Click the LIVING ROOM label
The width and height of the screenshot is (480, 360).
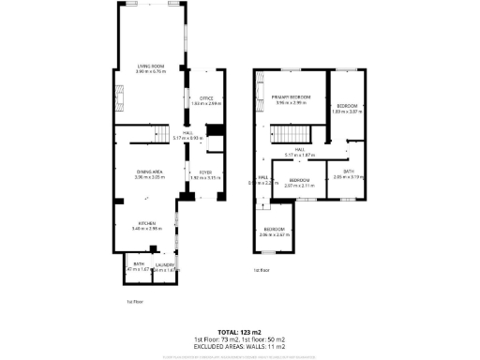coord(150,66)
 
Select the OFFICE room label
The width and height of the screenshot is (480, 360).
coord(207,97)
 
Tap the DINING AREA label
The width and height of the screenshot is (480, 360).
coord(150,171)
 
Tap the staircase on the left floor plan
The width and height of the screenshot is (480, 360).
coord(163,136)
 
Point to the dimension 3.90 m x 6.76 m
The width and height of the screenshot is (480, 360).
coord(150,71)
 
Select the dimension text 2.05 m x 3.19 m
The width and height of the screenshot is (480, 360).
coord(348,176)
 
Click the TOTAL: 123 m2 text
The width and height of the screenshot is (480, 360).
coord(239,332)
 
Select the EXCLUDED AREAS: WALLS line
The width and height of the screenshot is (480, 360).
coord(239,346)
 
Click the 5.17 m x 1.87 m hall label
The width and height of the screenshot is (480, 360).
coord(300,154)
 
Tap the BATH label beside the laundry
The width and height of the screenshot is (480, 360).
coord(138,264)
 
